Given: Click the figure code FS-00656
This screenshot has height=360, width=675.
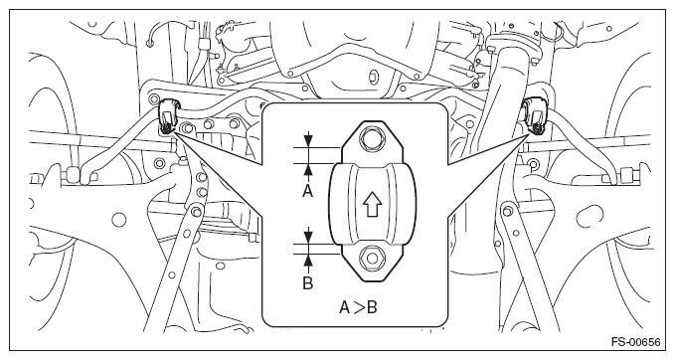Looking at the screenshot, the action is (x=635, y=342).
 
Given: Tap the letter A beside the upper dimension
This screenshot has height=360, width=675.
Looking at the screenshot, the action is (x=307, y=190).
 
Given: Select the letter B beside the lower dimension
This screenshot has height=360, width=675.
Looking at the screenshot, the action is (x=308, y=283).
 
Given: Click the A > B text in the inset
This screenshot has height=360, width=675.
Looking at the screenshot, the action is (x=358, y=307).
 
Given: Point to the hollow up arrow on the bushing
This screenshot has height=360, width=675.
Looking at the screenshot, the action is (x=372, y=205).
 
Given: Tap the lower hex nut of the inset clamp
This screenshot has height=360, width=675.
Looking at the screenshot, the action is (x=373, y=259).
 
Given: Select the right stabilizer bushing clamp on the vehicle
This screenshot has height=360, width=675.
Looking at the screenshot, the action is (x=535, y=115).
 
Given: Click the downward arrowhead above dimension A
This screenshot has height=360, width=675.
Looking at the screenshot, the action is (x=308, y=141).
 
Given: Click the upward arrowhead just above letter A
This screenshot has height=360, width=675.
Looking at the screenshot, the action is (x=308, y=169).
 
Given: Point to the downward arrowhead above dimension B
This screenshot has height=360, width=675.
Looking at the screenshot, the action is (x=308, y=238).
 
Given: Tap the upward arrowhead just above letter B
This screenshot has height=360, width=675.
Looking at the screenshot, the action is (x=308, y=261).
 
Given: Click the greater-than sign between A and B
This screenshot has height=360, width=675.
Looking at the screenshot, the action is (x=359, y=308).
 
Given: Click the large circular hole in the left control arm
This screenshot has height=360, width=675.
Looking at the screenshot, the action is (x=119, y=220).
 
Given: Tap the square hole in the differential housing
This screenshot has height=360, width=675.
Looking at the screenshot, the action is (x=372, y=77).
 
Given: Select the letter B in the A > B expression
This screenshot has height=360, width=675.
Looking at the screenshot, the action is (x=373, y=307).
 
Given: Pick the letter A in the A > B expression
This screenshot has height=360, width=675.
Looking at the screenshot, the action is (x=345, y=307).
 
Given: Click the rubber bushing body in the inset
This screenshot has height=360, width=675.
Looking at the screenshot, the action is (x=373, y=205).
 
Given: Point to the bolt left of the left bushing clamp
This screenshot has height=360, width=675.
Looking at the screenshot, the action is (x=153, y=99).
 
